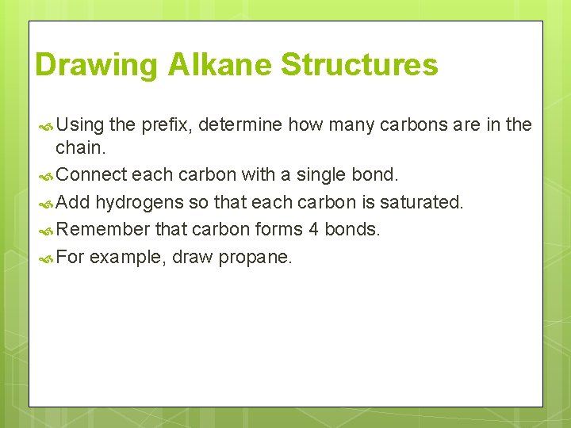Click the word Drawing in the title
click(97, 65)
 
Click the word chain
click(79, 148)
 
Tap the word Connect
click(92, 174)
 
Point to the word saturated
click(422, 202)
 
